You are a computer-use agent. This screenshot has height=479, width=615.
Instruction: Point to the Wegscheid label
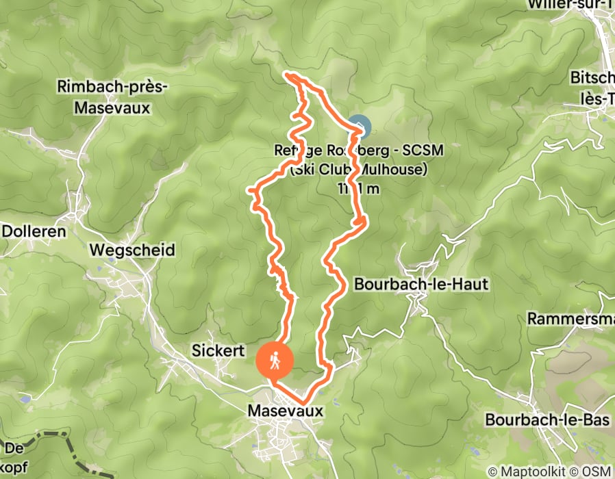pos(132,250)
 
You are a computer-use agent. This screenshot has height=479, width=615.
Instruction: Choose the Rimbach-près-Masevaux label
pos(112,97)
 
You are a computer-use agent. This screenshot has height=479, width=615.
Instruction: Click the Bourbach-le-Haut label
pos(421,284)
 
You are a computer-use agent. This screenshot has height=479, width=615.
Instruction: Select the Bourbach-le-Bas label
pos(547,419)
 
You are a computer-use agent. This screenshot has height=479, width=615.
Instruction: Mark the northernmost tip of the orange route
pos(288,73)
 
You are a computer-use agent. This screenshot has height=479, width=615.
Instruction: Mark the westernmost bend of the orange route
pos(249,191)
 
